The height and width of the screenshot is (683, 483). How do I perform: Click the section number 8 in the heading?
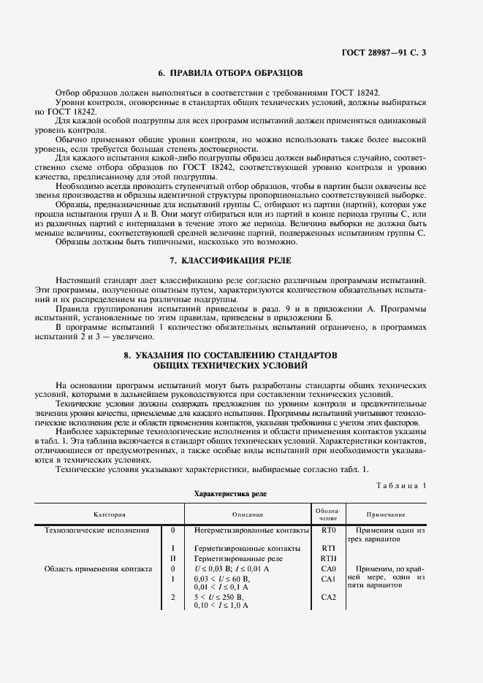pyautogui.click(x=126, y=354)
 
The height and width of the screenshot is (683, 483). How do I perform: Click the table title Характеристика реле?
pyautogui.click(x=230, y=494)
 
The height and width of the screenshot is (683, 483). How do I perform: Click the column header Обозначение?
pyautogui.click(x=327, y=513)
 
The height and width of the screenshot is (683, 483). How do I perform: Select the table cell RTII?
pyautogui.click(x=327, y=557)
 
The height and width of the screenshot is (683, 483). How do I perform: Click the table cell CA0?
pyautogui.click(x=327, y=568)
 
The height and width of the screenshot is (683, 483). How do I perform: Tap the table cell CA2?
pyautogui.click(x=327, y=596)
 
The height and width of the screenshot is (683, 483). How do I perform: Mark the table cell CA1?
pyautogui.click(x=327, y=578)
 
